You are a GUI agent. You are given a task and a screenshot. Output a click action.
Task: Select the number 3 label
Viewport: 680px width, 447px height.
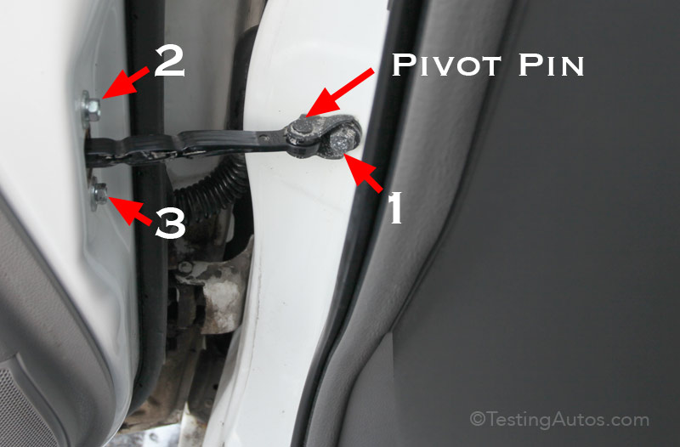pos(170,223)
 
